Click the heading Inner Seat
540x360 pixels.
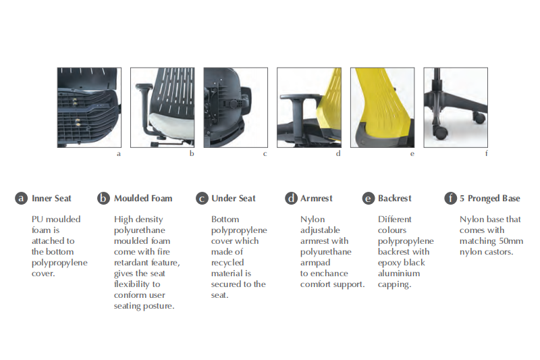(x=51, y=199)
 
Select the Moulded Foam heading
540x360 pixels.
(x=143, y=199)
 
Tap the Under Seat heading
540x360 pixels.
(x=234, y=199)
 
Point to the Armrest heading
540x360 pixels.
(x=316, y=199)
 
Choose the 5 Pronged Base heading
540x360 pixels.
(x=490, y=199)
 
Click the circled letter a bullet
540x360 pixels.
(x=22, y=199)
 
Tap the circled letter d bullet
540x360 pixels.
(x=291, y=199)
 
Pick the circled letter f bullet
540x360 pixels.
(x=450, y=198)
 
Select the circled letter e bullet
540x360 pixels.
(x=369, y=199)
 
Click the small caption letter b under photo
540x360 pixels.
(x=192, y=153)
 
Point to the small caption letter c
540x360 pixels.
(x=265, y=154)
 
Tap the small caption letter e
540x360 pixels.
(x=412, y=154)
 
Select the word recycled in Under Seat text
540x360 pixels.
(x=227, y=263)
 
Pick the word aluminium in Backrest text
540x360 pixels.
(x=399, y=273)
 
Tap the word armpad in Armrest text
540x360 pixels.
(x=315, y=263)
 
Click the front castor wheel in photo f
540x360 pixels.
(x=440, y=132)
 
